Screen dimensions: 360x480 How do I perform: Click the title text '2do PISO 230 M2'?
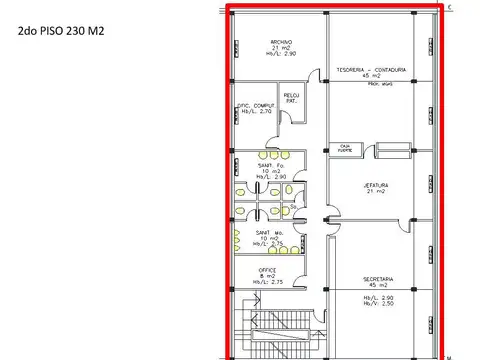point(61,32)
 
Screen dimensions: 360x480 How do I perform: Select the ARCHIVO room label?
point(280,42)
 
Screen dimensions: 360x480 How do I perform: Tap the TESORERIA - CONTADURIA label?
point(370,70)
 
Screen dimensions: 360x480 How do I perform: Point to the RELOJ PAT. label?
point(292,99)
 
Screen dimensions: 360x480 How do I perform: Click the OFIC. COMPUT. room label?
point(255,106)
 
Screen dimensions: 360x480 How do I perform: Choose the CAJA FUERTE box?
point(346,148)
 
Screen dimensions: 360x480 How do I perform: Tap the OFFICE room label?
point(267,269)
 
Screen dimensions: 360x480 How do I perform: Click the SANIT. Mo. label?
point(268,232)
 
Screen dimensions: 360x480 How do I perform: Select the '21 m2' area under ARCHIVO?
point(280,49)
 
